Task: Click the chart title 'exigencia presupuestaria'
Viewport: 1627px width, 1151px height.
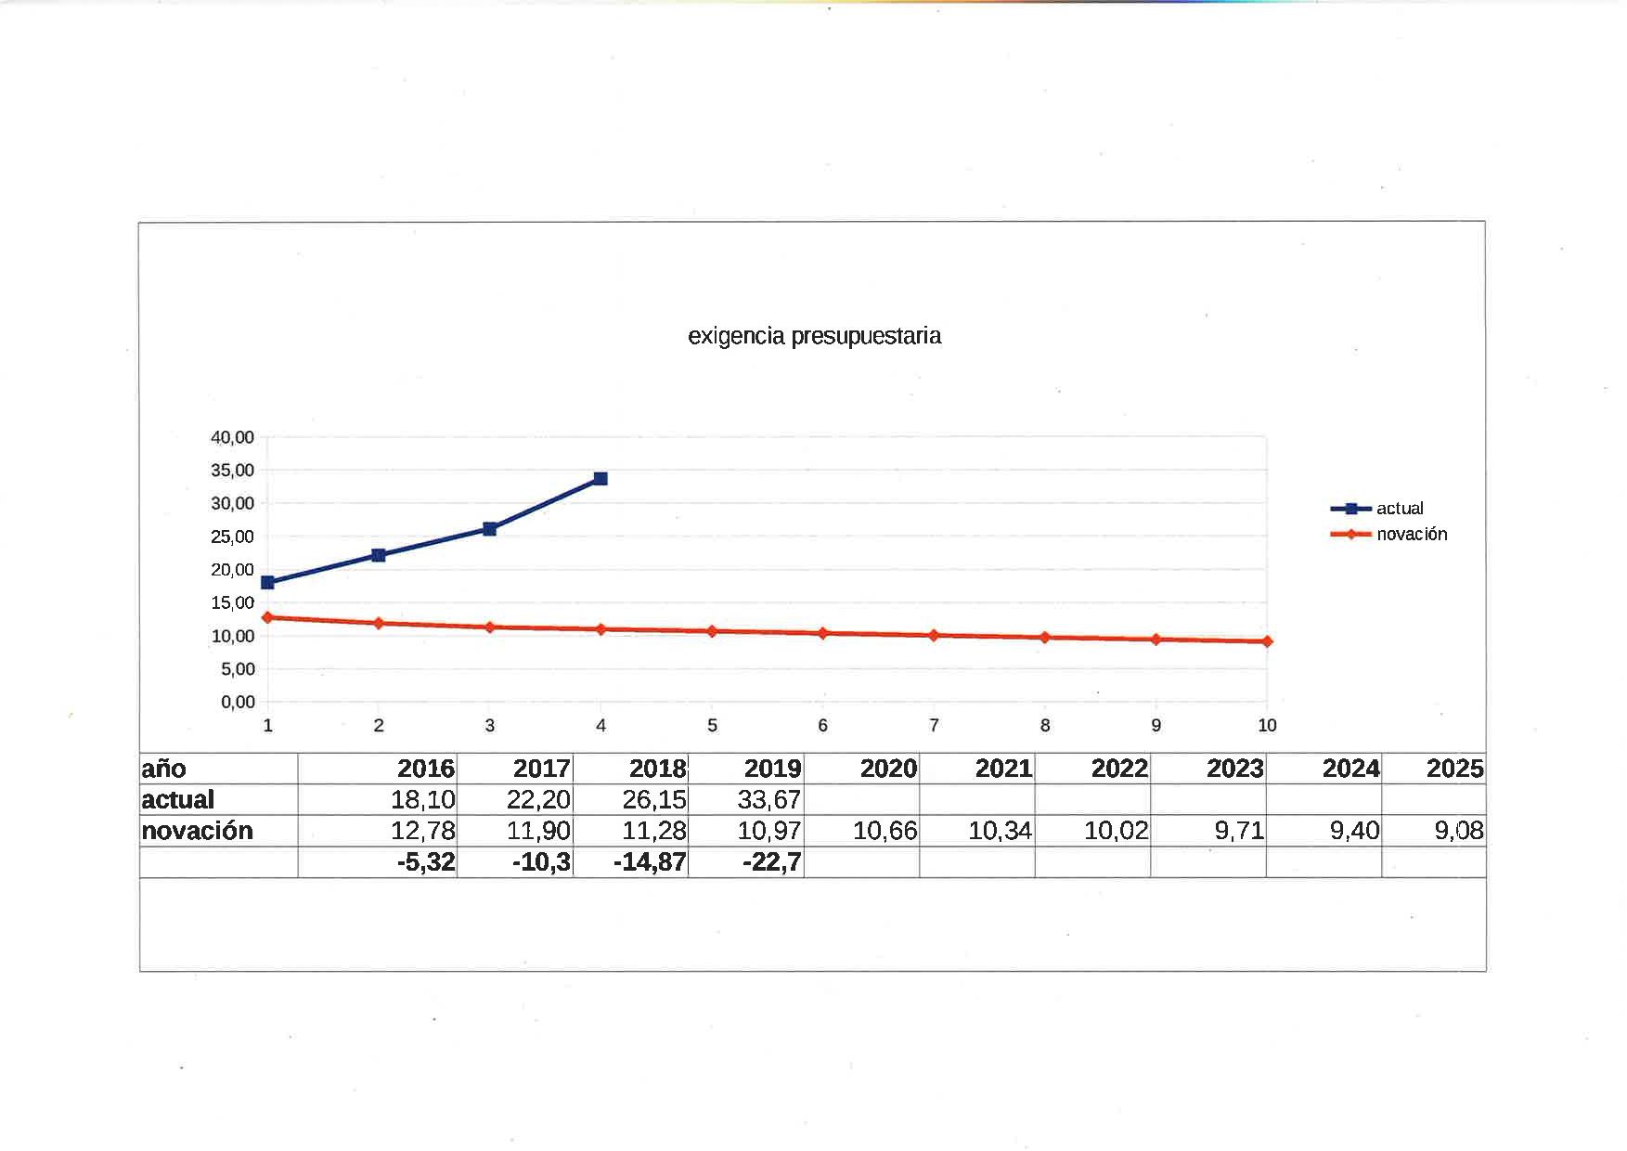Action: [814, 336]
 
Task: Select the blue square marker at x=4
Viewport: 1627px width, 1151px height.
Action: [600, 479]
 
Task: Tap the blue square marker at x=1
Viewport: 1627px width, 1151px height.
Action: [267, 583]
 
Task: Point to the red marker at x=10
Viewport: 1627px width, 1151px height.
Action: [1267, 641]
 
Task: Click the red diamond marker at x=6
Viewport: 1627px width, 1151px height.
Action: [822, 633]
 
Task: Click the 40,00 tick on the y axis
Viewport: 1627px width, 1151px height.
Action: [232, 437]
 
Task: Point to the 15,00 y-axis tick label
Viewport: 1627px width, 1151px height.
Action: [232, 603]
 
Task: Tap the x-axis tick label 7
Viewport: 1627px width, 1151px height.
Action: [934, 726]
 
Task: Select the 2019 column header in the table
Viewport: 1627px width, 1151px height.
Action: [772, 769]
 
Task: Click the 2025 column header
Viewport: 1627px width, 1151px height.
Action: [1453, 769]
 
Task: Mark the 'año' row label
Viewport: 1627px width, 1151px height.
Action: [164, 769]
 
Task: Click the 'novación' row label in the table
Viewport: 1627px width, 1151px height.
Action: [197, 831]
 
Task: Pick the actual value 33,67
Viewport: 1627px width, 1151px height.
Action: [768, 799]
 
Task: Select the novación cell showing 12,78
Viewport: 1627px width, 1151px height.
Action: [422, 831]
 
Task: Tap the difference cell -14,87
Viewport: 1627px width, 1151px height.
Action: [650, 862]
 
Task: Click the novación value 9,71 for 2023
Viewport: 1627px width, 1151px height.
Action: [1239, 831]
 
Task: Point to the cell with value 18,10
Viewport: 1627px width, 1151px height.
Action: [422, 799]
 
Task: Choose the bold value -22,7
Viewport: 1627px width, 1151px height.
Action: [771, 862]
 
